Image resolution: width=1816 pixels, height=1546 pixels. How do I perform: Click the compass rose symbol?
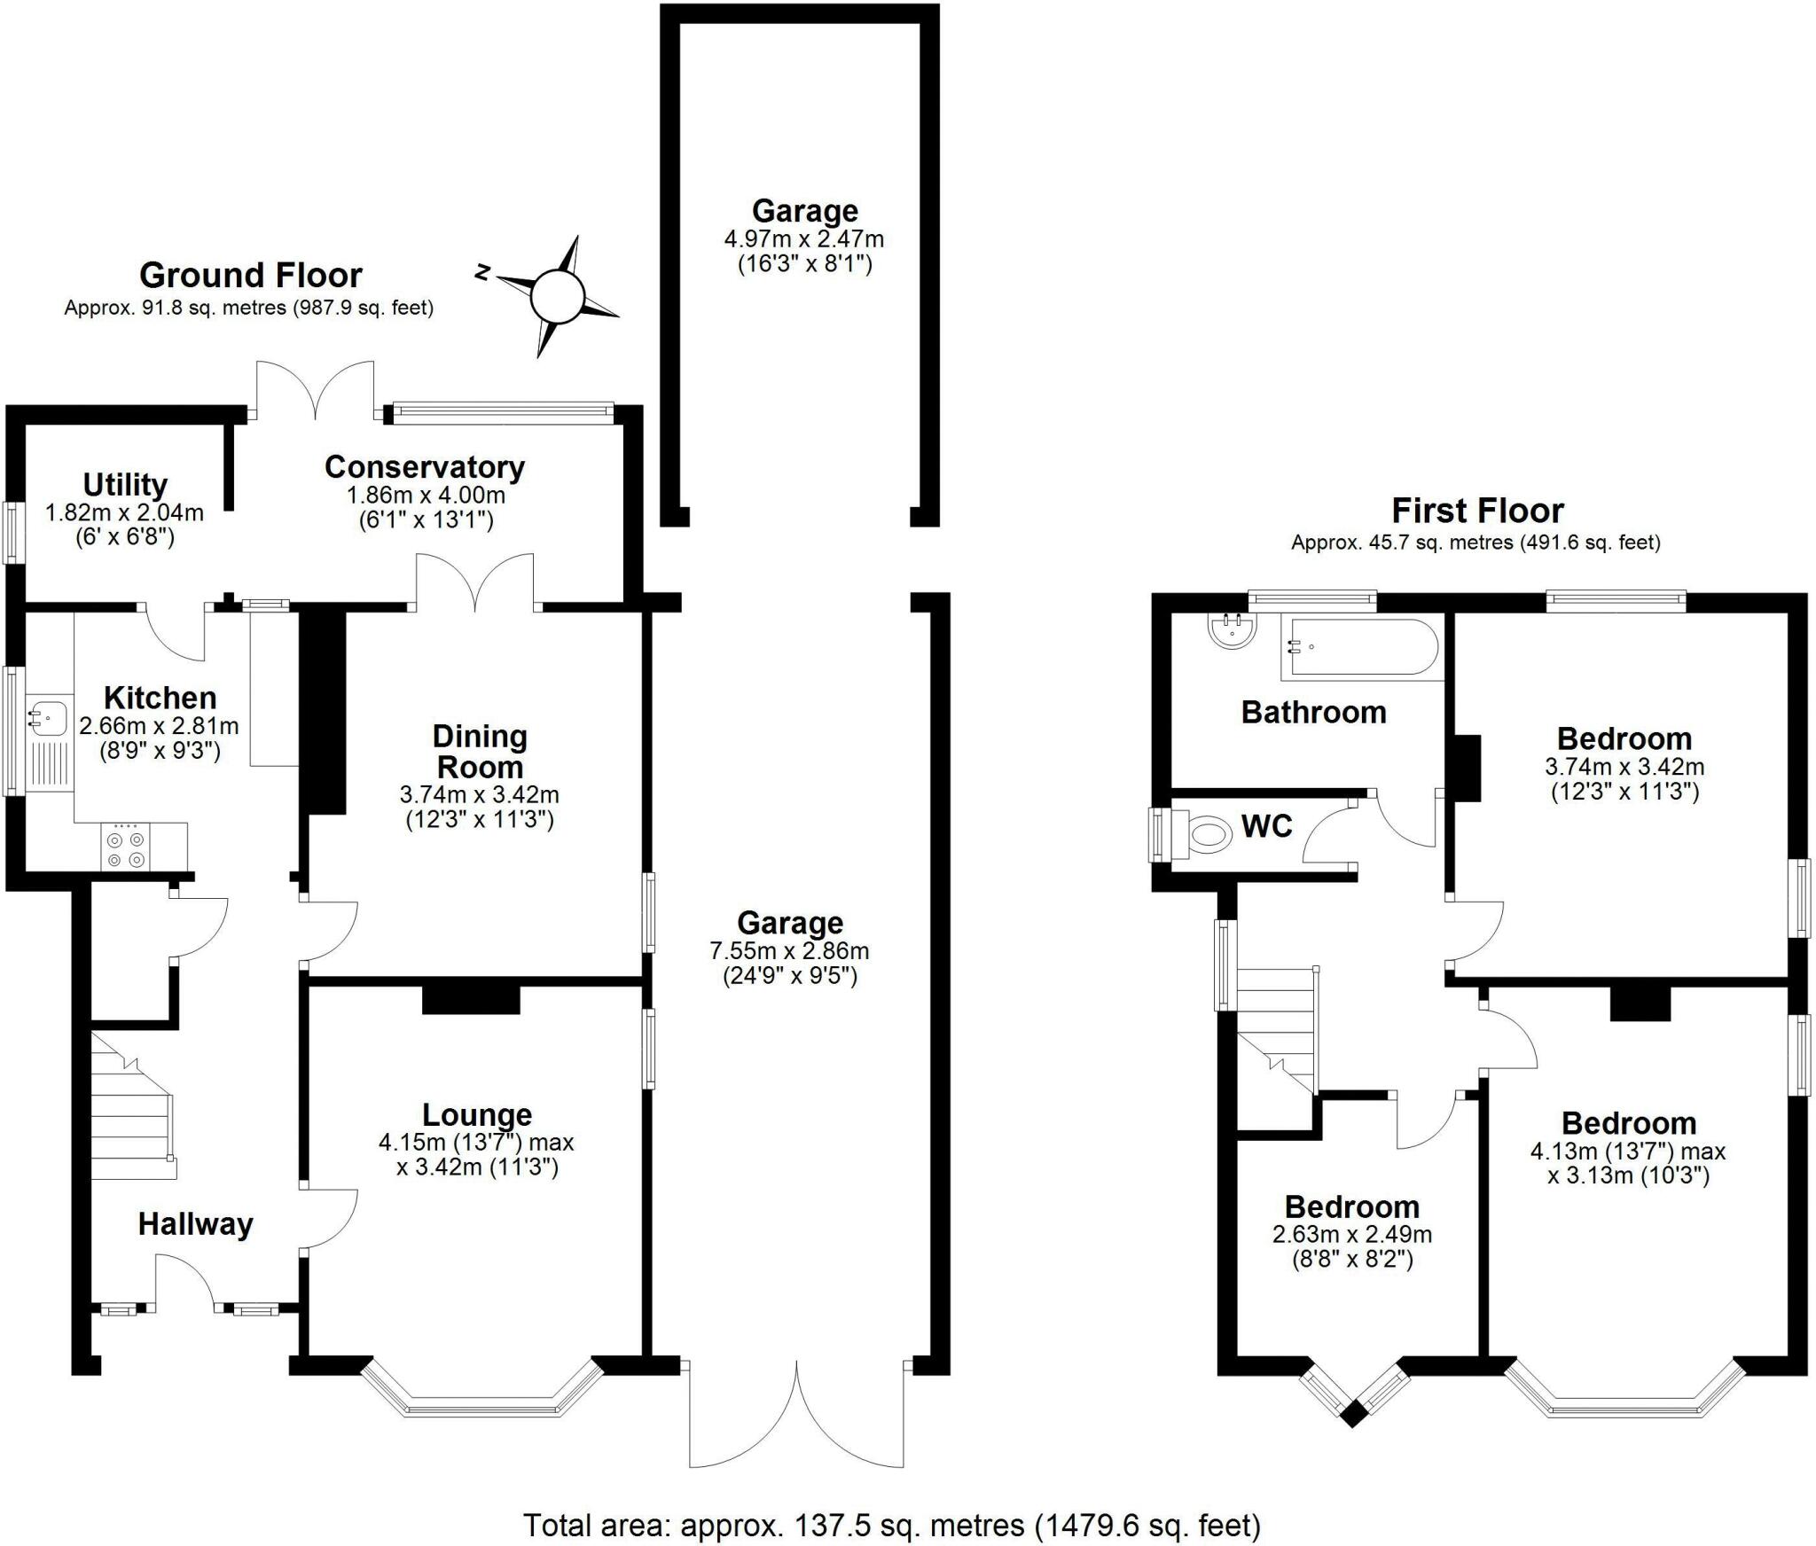coord(559,296)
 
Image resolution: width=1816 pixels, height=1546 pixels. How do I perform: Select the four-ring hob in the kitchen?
coord(126,847)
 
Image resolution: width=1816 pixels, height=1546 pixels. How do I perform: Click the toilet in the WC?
coord(1202,834)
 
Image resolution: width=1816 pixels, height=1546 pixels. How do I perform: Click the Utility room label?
coord(125,485)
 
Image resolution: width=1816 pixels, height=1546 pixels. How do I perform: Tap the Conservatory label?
coord(425,466)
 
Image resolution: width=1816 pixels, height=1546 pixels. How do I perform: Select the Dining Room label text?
coord(480,751)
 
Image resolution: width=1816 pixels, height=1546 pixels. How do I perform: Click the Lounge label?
coord(477,1114)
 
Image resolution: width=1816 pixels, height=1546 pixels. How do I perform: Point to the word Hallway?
coord(196,1224)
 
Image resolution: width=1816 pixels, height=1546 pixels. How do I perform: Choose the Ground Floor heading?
coord(251,276)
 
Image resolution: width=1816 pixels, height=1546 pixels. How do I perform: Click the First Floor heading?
coord(1477,511)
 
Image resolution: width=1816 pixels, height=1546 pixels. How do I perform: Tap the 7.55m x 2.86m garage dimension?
coord(789,951)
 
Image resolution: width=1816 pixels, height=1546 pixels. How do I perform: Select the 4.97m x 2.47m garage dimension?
coord(804,238)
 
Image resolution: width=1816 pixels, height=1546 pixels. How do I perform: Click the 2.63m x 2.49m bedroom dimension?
coord(1352,1234)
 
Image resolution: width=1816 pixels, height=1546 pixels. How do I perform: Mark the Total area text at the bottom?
coord(892,1526)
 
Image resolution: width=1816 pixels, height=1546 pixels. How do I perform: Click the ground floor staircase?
coord(133,1105)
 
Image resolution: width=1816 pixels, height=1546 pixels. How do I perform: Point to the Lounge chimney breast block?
coord(470,999)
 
